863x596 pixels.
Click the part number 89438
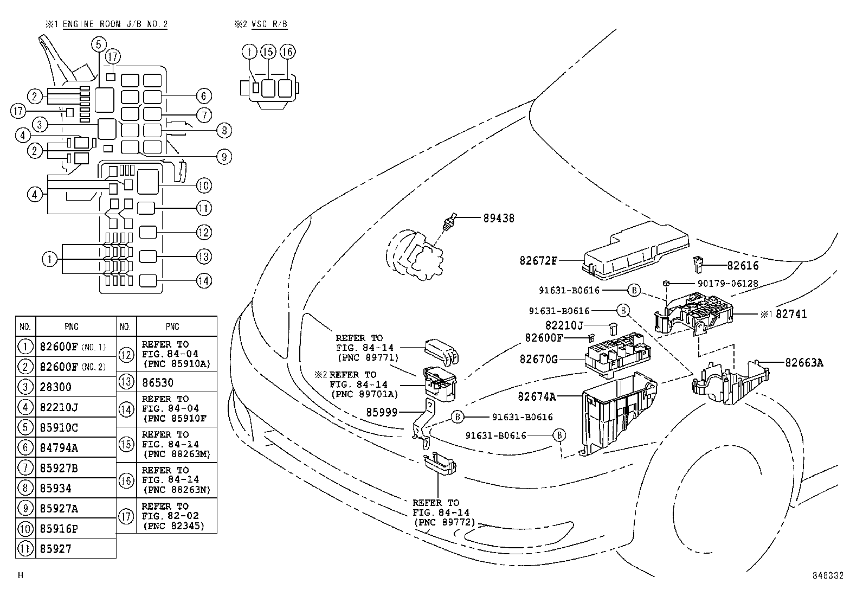click(499, 218)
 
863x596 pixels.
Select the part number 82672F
click(538, 260)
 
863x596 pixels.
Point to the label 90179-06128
click(727, 283)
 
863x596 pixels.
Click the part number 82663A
click(804, 363)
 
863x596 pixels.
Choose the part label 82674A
click(537, 396)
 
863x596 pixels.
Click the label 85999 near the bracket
click(382, 413)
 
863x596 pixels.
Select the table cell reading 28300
click(55, 387)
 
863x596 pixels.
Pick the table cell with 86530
click(158, 382)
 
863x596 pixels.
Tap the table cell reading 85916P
click(59, 529)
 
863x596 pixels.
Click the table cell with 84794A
click(59, 447)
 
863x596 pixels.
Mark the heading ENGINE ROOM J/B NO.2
click(115, 24)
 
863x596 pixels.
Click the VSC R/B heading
click(269, 24)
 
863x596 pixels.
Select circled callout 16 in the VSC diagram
click(287, 52)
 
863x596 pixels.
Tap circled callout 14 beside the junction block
click(203, 281)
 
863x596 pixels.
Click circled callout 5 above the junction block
click(98, 44)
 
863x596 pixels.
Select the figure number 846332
click(827, 576)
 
